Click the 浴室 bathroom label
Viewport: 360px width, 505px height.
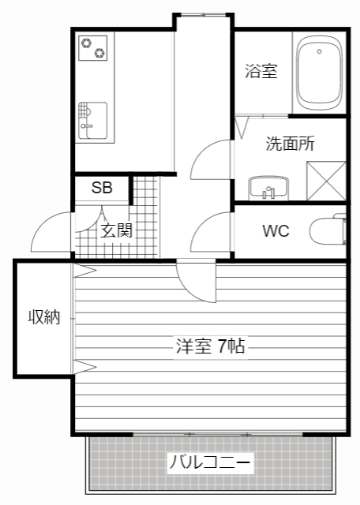pyautogui.click(x=261, y=72)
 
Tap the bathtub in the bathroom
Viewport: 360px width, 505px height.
pyautogui.click(x=319, y=73)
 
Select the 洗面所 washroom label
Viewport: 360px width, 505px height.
pyautogui.click(x=290, y=144)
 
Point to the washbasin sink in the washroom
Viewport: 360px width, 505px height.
pyautogui.click(x=269, y=189)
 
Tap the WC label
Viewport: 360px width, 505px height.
pyautogui.click(x=276, y=231)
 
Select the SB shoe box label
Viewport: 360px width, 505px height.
pyautogui.click(x=102, y=188)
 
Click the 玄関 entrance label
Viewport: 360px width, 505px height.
pyautogui.click(x=116, y=230)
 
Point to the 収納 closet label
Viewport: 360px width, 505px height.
pyautogui.click(x=44, y=317)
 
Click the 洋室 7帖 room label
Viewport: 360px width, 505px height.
pyautogui.click(x=209, y=345)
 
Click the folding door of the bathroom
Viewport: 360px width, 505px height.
pyautogui.click(x=242, y=126)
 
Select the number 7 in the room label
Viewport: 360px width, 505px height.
pyautogui.click(x=222, y=345)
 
